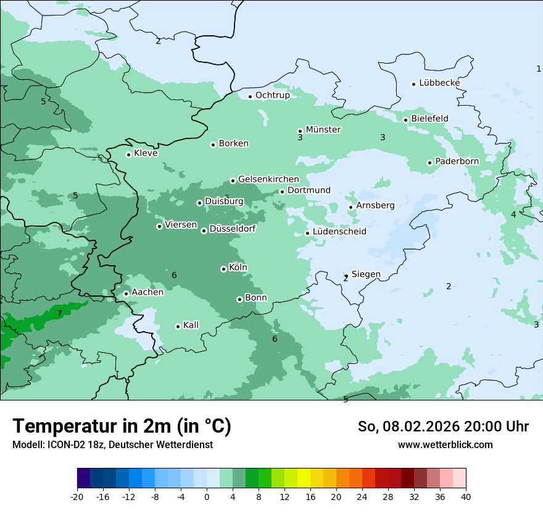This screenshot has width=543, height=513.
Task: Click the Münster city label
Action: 323,130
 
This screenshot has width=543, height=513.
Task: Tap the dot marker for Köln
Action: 223,269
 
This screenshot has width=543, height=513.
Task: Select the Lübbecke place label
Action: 439,83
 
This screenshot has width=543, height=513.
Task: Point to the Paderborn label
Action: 457,161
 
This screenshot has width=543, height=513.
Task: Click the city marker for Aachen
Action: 126,294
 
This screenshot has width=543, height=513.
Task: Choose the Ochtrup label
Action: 272,95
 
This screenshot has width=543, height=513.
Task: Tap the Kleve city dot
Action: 128,155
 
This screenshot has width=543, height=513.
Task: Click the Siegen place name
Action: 366,274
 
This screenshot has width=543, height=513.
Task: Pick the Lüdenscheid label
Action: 339,232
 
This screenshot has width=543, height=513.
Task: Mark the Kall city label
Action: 191,325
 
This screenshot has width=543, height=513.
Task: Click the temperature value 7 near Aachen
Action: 59,314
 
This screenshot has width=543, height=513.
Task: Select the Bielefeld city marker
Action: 405,120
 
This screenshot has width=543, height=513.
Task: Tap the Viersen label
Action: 181,225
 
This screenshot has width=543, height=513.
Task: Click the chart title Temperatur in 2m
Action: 122,426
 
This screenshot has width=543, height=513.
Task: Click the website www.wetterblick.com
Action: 445,444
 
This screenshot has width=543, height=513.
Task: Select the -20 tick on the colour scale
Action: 77,496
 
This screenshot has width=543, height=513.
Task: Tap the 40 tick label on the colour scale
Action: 466,496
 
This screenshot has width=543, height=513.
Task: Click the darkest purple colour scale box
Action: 83,478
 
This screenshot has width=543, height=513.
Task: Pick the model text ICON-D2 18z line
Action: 112,444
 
